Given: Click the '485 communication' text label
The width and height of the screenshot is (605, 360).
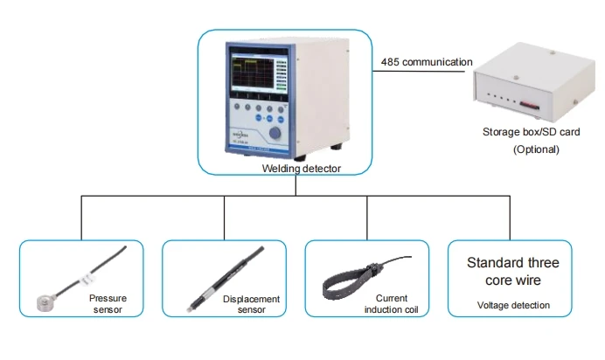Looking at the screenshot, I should click(x=427, y=63).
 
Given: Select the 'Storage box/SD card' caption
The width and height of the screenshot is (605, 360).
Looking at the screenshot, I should click(x=530, y=133).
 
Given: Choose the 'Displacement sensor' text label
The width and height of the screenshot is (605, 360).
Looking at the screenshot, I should click(x=251, y=304).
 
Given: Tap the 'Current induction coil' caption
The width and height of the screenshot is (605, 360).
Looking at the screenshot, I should click(x=386, y=303).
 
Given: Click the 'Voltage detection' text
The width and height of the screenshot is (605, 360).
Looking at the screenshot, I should click(x=513, y=305).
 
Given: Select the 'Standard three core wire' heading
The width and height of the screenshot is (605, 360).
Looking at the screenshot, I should click(x=513, y=272).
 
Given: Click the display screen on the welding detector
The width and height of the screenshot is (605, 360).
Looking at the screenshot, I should click(x=258, y=78).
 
